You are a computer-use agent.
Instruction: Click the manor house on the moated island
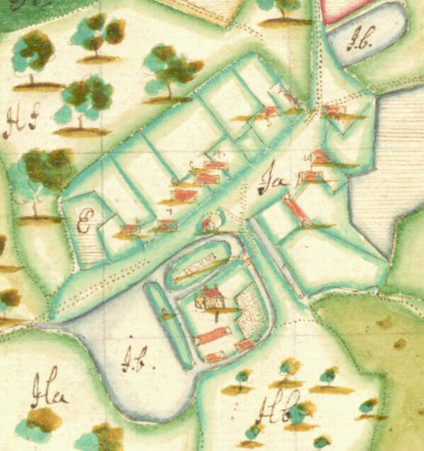(212, 299)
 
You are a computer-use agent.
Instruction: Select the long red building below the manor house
(212, 336)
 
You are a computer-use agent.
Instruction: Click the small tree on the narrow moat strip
(166, 313)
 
